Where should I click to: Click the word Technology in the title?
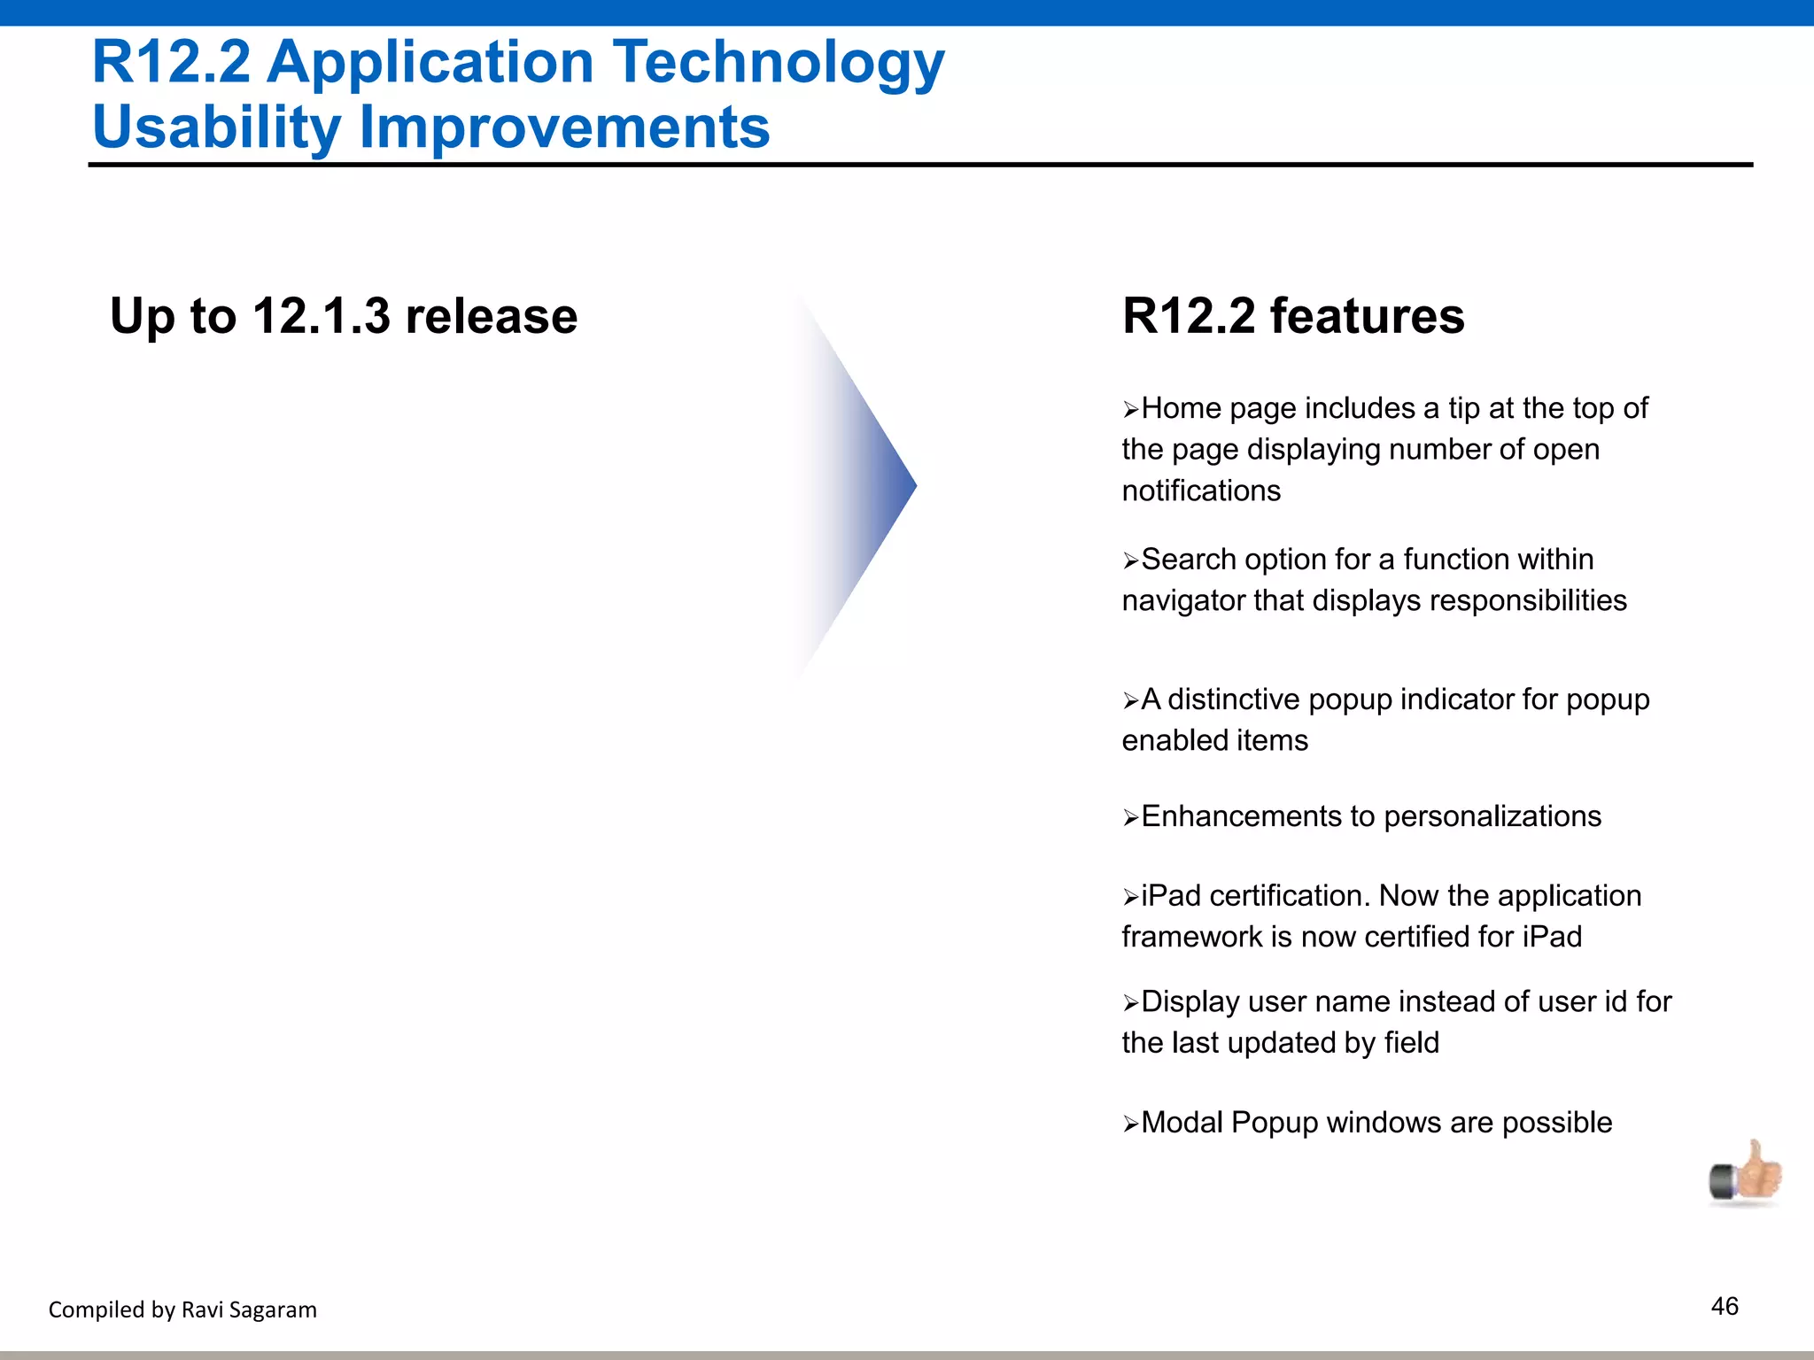(x=779, y=64)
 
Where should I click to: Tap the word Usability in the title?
(x=216, y=127)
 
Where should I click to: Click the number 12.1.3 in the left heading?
(x=321, y=316)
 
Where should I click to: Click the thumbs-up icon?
(x=1745, y=1174)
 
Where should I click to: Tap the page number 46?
(x=1725, y=1306)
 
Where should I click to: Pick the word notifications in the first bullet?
(x=1201, y=491)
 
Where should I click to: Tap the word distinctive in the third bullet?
(x=1233, y=699)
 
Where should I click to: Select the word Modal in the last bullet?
(x=1182, y=1123)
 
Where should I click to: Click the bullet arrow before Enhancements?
(x=1130, y=818)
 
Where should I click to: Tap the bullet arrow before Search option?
(x=1130, y=561)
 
